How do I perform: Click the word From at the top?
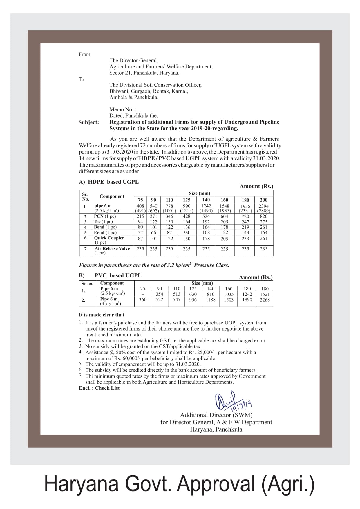pyautogui.click(x=84, y=54)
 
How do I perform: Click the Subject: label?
pyautogui.click(x=88, y=122)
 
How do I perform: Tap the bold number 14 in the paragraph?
pyautogui.click(x=82, y=158)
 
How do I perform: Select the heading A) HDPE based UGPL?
pyautogui.click(x=109, y=182)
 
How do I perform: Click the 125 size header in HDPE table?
pyautogui.click(x=187, y=200)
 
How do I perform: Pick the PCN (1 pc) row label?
pyautogui.click(x=104, y=216)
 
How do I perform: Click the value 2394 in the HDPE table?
pyautogui.click(x=263, y=206)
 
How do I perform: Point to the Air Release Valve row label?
pyautogui.click(x=112, y=249)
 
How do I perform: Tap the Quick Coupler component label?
pyautogui.click(x=109, y=238)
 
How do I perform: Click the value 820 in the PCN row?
pyautogui.click(x=263, y=216)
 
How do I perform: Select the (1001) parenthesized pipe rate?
pyautogui.click(x=169, y=211)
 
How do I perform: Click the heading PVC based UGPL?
pyautogui.click(x=118, y=275)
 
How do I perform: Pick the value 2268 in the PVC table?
pyautogui.click(x=265, y=300)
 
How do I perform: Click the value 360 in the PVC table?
pyautogui.click(x=142, y=300)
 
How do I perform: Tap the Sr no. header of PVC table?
pyautogui.click(x=87, y=284)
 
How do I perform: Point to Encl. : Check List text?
pyautogui.click(x=99, y=388)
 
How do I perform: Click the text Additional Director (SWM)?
pyautogui.click(x=216, y=415)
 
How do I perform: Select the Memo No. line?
pyautogui.click(x=123, y=109)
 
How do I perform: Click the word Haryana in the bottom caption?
pyautogui.click(x=81, y=484)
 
